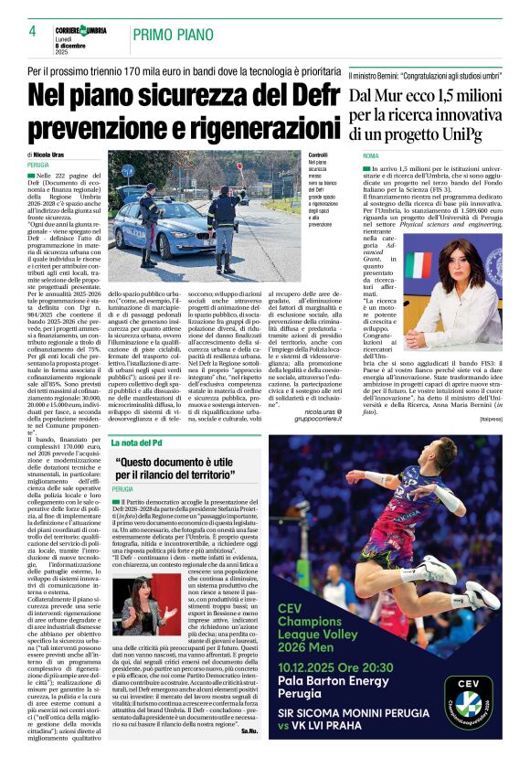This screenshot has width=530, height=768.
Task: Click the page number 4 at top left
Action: click(x=33, y=32)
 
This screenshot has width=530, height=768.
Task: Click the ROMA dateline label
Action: click(x=369, y=157)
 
